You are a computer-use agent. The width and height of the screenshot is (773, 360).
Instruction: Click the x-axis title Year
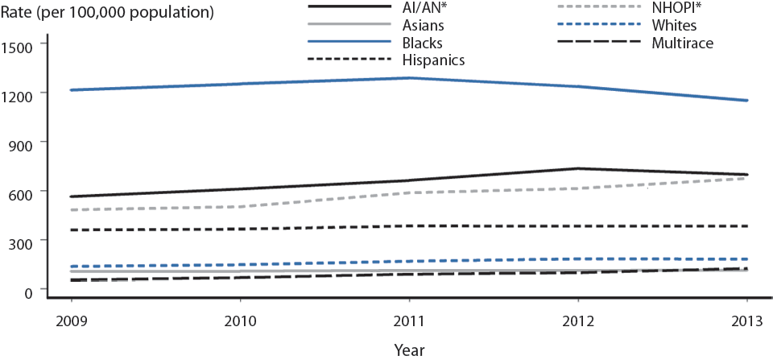tap(410, 350)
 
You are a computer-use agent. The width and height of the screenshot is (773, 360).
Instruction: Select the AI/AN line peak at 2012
tap(578, 168)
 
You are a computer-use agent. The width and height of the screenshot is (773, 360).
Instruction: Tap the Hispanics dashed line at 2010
tap(240, 229)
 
